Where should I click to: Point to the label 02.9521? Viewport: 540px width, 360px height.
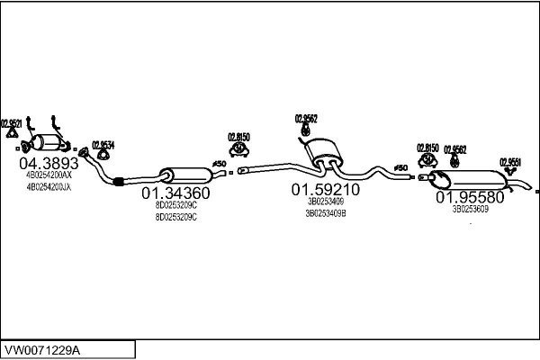pos(12,123)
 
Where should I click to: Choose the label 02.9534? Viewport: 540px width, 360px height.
pos(103,144)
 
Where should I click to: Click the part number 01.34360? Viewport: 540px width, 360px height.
pos(175,193)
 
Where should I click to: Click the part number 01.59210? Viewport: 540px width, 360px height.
pos(325,190)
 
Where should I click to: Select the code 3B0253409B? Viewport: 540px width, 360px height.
pos(326,213)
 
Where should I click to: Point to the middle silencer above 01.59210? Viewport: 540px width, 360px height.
pos(324,151)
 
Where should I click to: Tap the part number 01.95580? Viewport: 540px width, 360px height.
pos(470,196)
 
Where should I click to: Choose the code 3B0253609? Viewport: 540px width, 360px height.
pos(470,209)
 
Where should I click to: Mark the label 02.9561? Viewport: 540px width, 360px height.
pos(510,161)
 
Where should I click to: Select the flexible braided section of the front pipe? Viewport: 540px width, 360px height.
pos(118,184)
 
